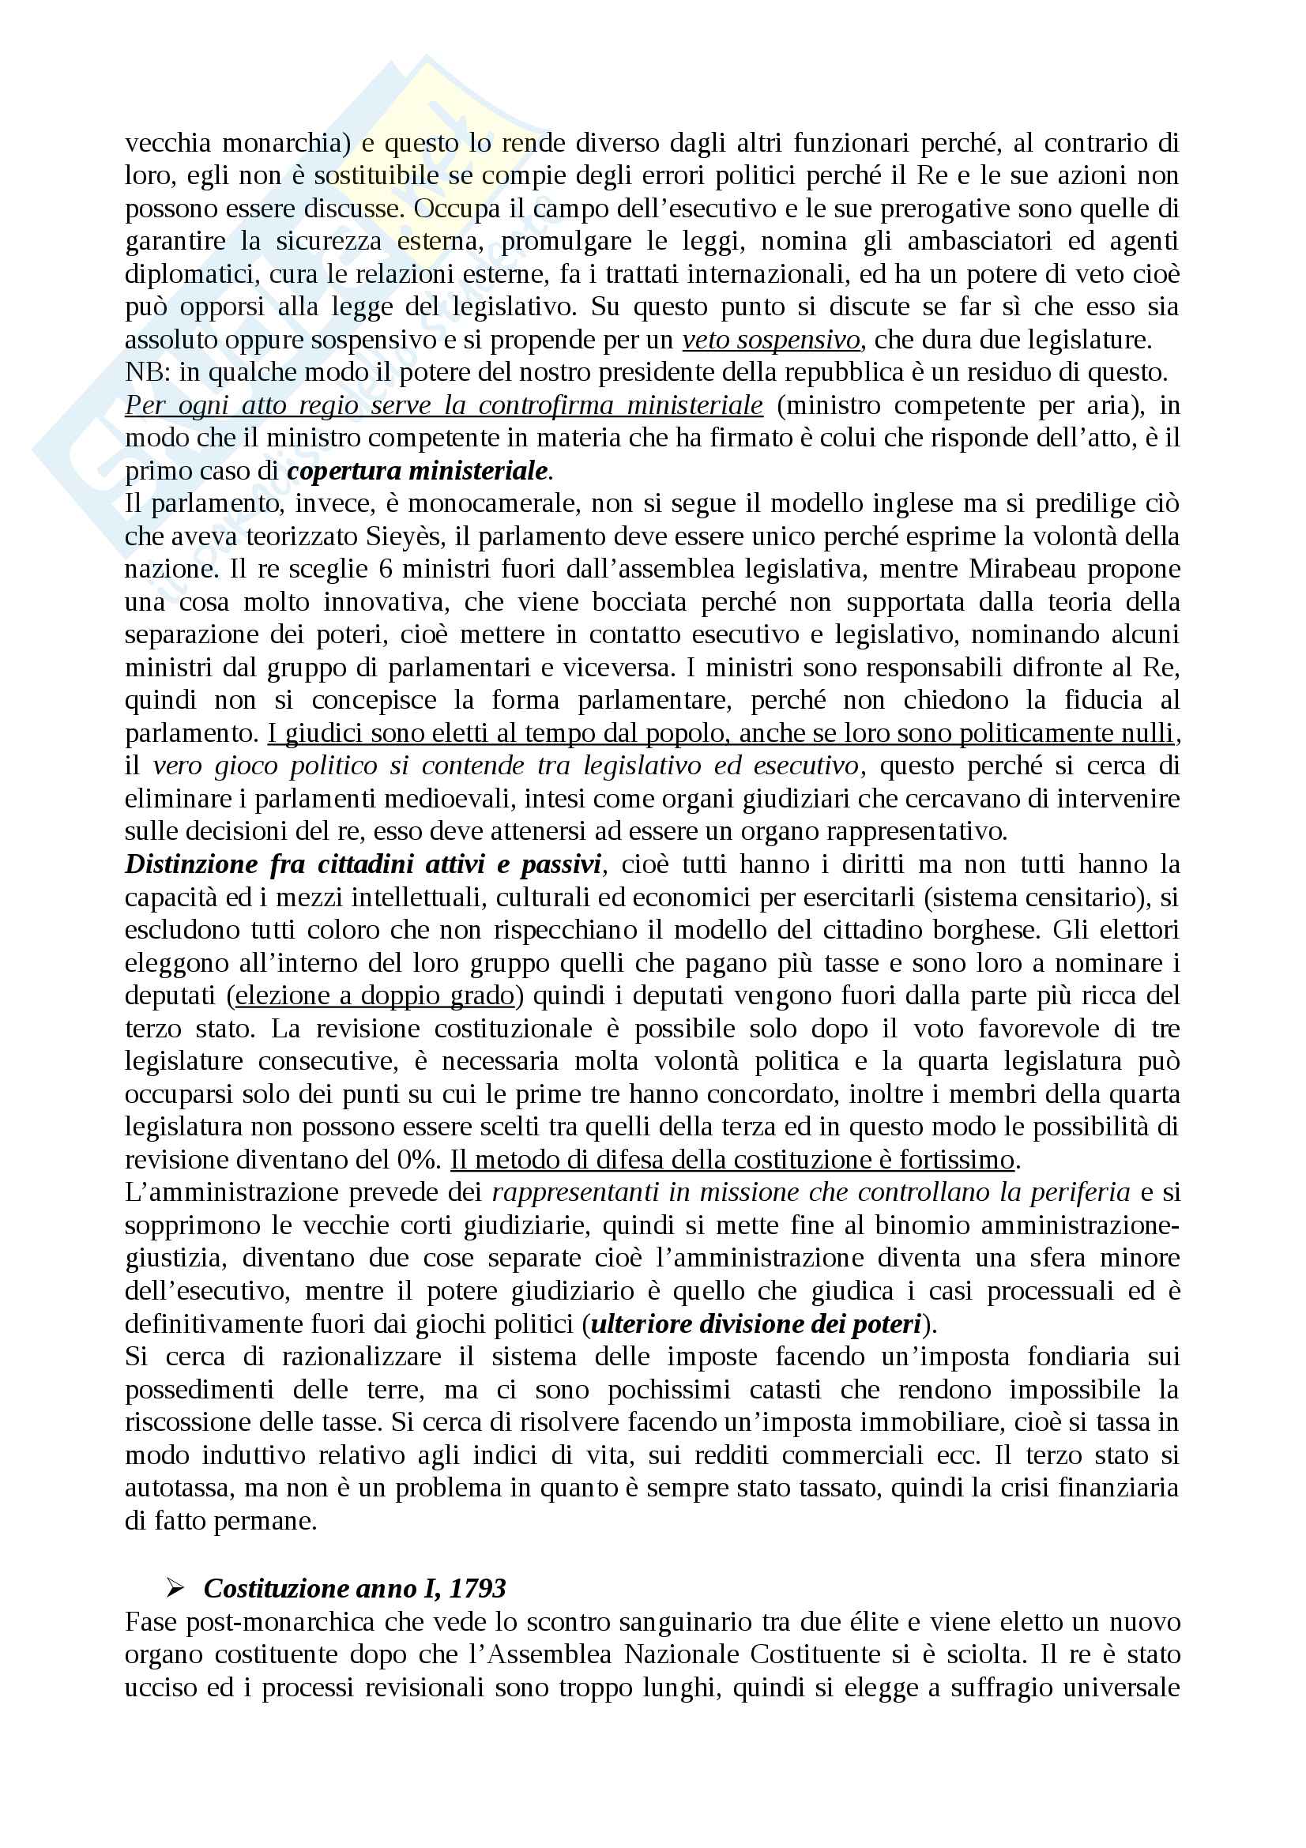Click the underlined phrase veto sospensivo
pyautogui.click(x=772, y=340)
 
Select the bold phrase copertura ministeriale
pyautogui.click(x=418, y=471)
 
